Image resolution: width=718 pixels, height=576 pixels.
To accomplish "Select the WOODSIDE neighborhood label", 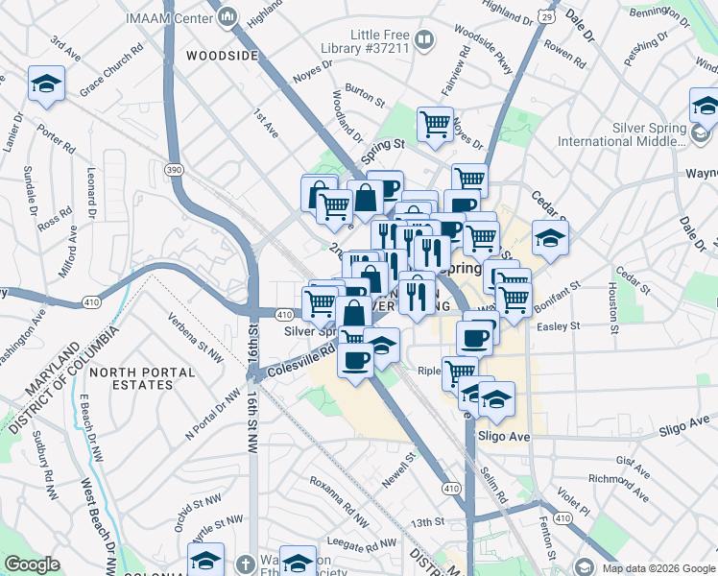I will pos(222,57).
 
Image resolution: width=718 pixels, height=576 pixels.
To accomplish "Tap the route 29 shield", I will pos(545,16).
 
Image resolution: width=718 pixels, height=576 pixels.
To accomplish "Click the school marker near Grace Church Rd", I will pos(46,84).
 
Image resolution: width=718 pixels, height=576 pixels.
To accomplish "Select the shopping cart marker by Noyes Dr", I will pos(435,124).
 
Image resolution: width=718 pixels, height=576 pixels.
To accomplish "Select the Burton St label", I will pos(364,97).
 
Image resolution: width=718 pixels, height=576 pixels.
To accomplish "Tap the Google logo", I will pos(33,564).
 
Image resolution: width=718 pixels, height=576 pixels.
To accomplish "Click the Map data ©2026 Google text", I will pos(658,566).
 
